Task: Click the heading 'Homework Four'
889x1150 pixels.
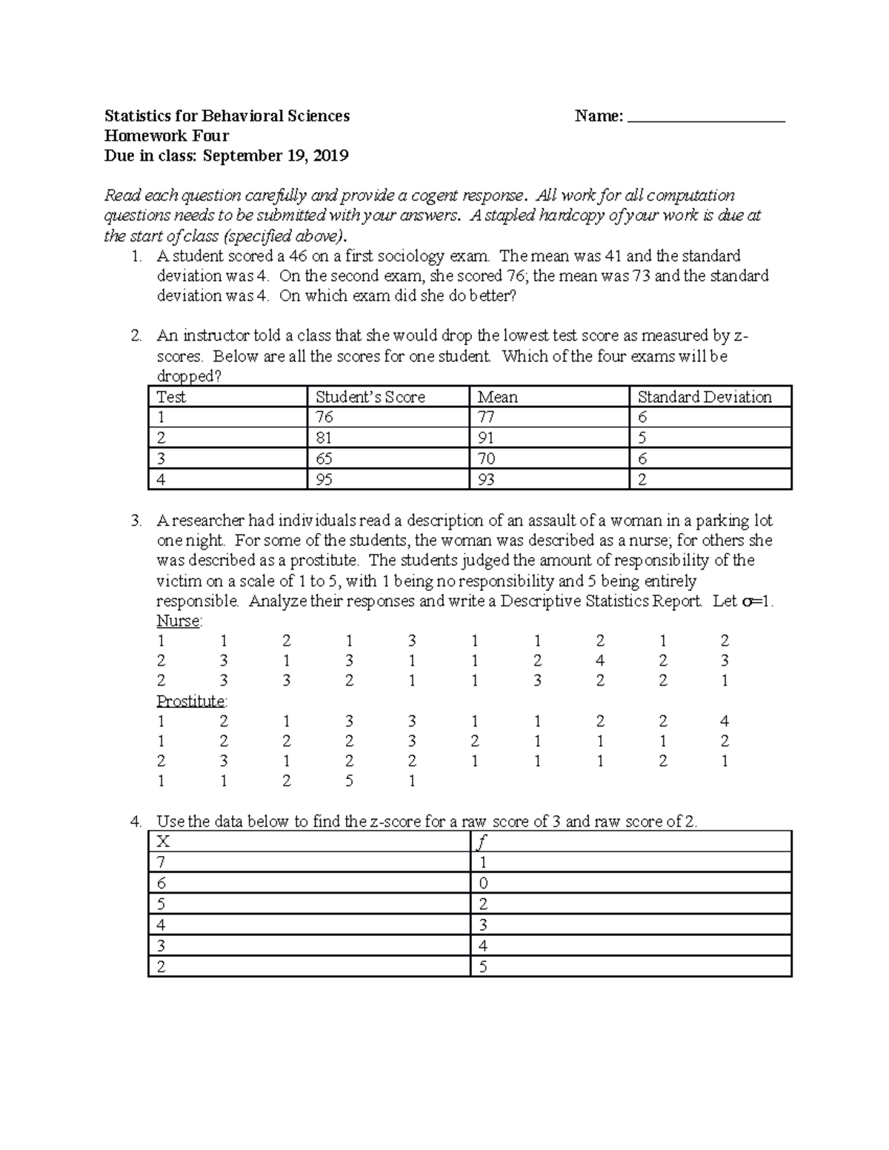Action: pyautogui.click(x=166, y=136)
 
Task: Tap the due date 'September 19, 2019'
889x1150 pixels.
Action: pyautogui.click(x=276, y=156)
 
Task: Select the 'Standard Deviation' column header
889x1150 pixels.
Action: pyautogui.click(x=705, y=397)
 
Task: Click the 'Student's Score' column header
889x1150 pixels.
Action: pyautogui.click(x=370, y=397)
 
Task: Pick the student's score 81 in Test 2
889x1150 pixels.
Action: pyautogui.click(x=324, y=438)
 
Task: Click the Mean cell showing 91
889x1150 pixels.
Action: pyautogui.click(x=486, y=438)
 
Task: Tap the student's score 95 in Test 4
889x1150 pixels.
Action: pyautogui.click(x=324, y=480)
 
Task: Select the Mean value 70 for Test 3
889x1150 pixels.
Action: pyautogui.click(x=486, y=459)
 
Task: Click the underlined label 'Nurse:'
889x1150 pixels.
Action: pyautogui.click(x=179, y=621)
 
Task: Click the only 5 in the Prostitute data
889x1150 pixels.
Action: pyautogui.click(x=349, y=780)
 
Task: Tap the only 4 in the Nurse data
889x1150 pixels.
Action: pyautogui.click(x=599, y=661)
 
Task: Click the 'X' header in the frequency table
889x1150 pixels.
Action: pyautogui.click(x=163, y=842)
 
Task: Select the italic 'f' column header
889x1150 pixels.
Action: pyautogui.click(x=483, y=842)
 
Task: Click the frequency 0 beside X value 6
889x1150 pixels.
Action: pyautogui.click(x=483, y=883)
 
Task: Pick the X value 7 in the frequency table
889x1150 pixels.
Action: pyautogui.click(x=162, y=863)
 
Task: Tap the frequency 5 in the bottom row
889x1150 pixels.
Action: pyautogui.click(x=483, y=966)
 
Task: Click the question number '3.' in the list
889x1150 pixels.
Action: pyautogui.click(x=136, y=521)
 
